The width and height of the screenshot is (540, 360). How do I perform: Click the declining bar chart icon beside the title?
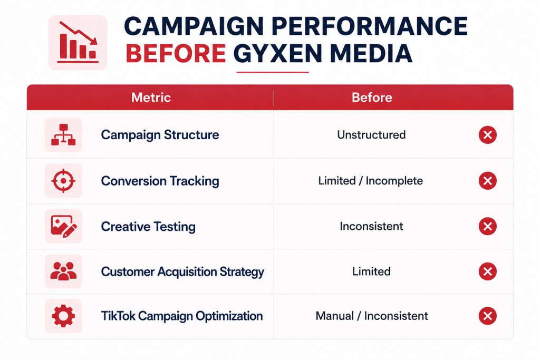(78, 42)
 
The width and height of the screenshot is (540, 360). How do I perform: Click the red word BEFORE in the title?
(176, 54)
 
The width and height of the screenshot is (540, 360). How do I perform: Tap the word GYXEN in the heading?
(277, 54)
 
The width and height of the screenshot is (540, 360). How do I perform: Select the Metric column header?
(151, 98)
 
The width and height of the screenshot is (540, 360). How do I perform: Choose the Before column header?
(372, 98)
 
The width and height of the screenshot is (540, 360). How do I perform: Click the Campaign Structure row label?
(160, 135)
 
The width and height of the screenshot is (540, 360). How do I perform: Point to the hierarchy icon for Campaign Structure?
(63, 134)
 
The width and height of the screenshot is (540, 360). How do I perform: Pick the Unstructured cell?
(371, 134)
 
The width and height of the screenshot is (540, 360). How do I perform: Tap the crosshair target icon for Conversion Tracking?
(63, 181)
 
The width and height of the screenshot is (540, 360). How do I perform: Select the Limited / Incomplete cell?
(370, 181)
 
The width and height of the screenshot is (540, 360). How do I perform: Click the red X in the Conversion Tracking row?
(488, 181)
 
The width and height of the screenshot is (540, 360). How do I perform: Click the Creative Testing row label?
(148, 227)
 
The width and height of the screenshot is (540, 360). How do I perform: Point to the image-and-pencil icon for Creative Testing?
(63, 226)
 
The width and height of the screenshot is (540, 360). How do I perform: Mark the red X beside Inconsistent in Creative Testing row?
(488, 226)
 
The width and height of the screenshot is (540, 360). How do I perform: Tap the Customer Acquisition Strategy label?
(182, 271)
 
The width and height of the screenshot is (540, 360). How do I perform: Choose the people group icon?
(63, 271)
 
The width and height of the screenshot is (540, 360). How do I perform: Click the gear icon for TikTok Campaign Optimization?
(63, 316)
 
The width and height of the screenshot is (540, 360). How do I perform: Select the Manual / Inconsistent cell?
(372, 316)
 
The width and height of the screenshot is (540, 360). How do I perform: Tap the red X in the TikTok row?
(488, 316)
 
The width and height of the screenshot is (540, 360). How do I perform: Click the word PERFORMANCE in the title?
(370, 26)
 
